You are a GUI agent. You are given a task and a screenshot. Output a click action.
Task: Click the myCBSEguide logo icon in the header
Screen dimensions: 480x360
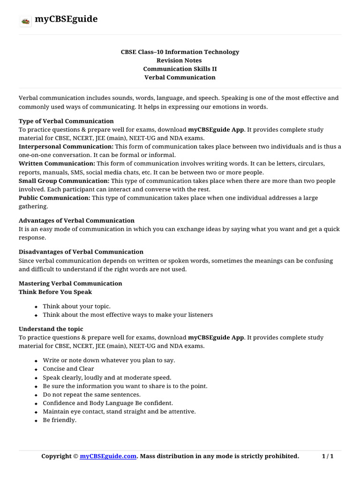click(25, 21)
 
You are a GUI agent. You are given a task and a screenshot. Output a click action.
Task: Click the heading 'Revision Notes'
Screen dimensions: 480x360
click(180, 60)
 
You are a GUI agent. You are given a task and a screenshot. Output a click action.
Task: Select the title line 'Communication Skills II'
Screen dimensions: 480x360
click(180, 69)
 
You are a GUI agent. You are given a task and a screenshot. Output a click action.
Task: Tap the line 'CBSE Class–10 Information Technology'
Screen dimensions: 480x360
click(180, 52)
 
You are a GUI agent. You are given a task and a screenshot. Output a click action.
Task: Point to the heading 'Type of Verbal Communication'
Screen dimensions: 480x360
click(66, 121)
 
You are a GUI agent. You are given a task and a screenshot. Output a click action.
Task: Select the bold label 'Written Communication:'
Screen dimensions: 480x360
click(57, 164)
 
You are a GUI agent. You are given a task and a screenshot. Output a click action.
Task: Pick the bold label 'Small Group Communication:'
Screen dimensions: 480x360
click(64, 181)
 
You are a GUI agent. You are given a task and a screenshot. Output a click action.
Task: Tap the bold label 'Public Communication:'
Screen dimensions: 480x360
click(54, 198)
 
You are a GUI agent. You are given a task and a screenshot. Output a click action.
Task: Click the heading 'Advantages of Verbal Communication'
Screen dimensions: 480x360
click(76, 220)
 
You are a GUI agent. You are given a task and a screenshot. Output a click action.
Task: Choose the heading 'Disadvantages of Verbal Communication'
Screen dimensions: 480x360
click(81, 252)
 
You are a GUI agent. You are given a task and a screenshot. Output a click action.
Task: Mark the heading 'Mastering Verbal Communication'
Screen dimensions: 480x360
click(70, 284)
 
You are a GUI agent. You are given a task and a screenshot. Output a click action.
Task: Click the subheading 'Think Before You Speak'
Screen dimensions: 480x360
click(55, 292)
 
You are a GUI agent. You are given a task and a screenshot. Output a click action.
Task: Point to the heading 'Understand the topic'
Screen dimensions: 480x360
click(51, 329)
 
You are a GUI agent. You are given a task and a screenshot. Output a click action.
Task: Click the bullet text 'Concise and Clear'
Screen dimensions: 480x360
click(68, 369)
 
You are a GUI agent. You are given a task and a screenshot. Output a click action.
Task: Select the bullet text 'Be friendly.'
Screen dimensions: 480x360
click(60, 420)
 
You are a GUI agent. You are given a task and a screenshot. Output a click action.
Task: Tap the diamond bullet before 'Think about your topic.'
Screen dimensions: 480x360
click(36, 307)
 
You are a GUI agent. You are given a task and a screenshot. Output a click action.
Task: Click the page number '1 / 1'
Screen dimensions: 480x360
click(327, 456)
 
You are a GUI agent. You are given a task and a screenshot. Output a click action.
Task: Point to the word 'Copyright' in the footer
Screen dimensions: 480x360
click(56, 456)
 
